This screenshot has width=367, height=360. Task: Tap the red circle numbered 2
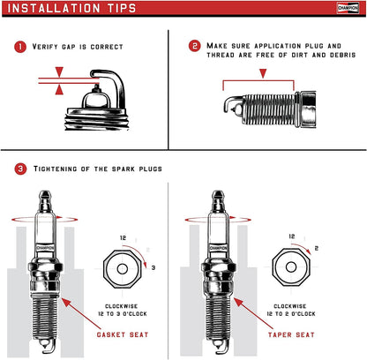[x=194, y=46]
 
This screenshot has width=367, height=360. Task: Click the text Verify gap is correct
[x=79, y=46]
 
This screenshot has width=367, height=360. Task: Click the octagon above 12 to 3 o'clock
[x=121, y=264]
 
